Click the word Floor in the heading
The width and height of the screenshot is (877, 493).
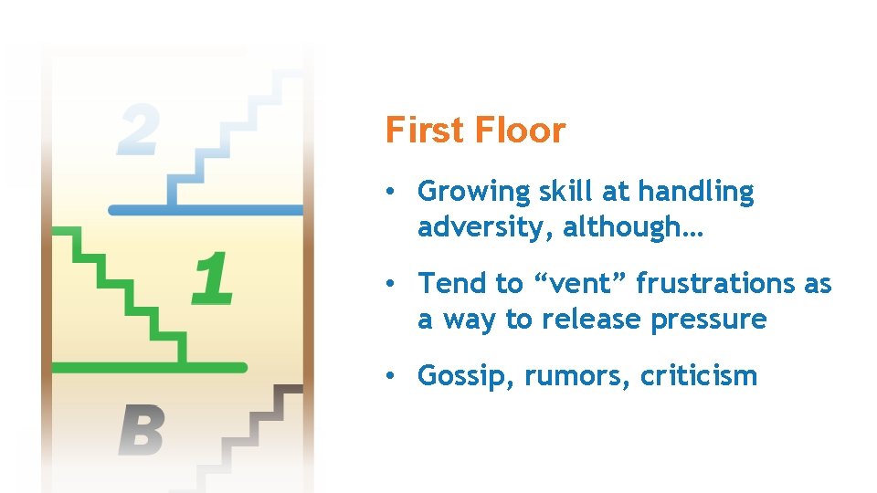[521, 131]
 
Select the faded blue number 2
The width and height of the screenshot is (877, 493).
[137, 129]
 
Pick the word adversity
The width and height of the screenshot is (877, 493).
[485, 227]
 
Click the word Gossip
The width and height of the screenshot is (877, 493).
[467, 376]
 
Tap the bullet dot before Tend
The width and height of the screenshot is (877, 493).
[390, 284]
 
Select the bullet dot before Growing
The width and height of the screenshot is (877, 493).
[390, 192]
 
